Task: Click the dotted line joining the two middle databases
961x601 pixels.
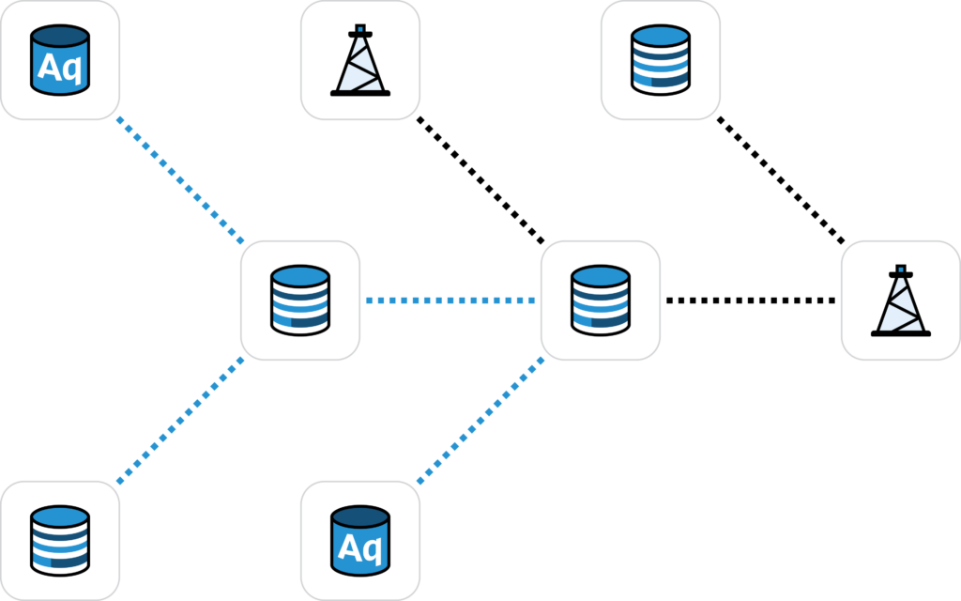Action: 450,300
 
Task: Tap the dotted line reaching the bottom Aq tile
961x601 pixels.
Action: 480,421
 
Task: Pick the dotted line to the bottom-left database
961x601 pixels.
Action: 180,421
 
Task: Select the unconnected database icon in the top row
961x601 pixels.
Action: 661,60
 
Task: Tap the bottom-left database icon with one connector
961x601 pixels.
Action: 60,541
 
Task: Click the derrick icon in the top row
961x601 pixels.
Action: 360,60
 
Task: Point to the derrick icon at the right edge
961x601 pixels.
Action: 901,300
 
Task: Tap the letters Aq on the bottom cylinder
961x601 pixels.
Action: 359,547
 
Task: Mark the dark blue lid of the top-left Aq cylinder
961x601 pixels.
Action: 60,37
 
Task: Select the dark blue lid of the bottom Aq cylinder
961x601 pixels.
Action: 360,516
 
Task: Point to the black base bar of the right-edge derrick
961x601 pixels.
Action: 901,332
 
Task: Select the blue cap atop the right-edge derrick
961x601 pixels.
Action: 901,270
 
